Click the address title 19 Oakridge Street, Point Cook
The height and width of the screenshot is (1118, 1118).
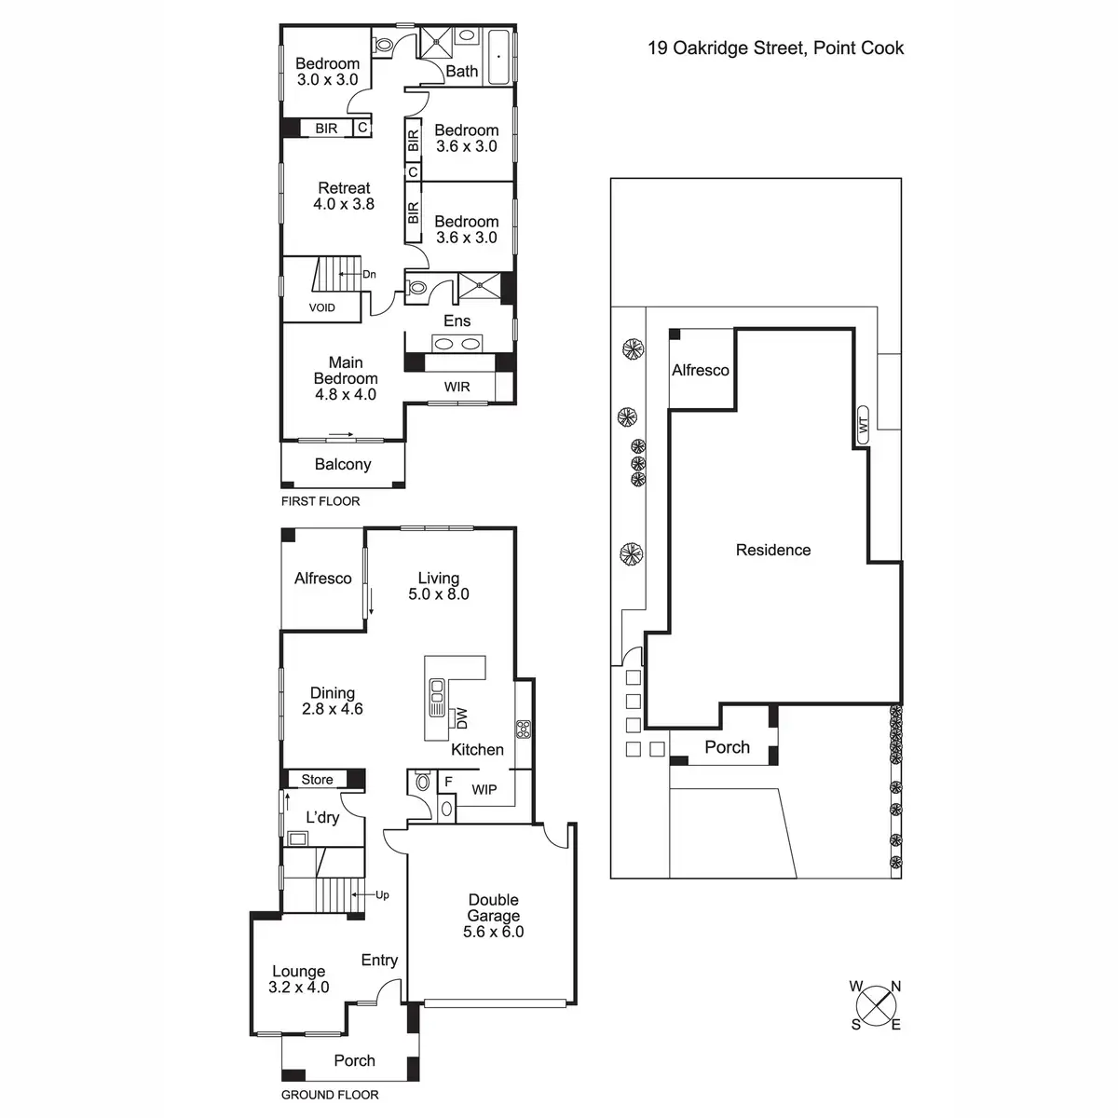click(775, 48)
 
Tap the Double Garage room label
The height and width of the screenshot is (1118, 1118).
click(494, 916)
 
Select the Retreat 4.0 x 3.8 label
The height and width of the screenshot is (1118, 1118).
click(344, 196)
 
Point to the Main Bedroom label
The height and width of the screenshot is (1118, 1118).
click(346, 378)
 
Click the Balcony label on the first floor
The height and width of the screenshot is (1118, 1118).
click(343, 464)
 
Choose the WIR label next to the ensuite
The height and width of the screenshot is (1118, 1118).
click(457, 387)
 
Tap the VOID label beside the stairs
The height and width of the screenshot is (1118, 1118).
click(321, 307)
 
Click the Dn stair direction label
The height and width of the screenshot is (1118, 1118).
click(370, 274)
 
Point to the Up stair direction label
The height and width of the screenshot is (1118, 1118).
click(382, 895)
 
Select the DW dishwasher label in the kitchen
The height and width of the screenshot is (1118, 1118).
click(459, 718)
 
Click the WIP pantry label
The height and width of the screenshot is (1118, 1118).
click(484, 790)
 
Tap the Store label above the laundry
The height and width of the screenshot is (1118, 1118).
click(317, 780)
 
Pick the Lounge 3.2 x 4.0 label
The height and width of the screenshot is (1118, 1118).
click(298, 979)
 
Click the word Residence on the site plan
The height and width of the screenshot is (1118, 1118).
click(773, 550)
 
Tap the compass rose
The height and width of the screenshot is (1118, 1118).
click(876, 1006)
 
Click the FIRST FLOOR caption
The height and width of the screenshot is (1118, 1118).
click(320, 501)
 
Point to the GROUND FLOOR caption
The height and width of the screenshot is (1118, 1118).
click(330, 1095)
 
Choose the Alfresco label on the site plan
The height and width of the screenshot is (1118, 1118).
click(701, 370)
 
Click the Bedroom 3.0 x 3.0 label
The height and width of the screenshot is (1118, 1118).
click(327, 72)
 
